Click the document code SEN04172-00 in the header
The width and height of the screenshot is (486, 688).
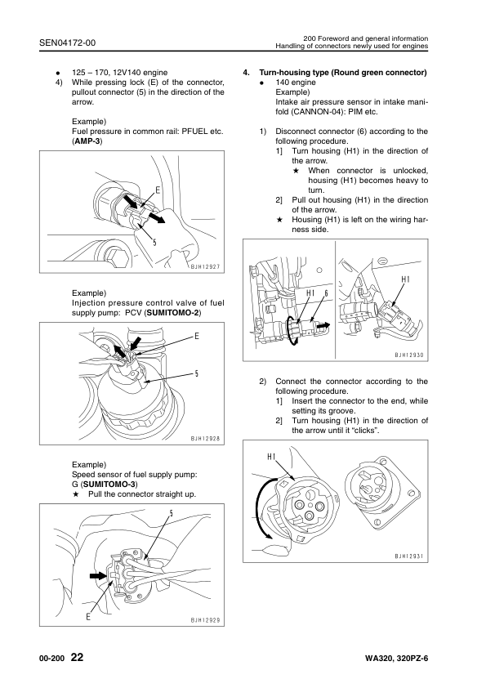[67, 42]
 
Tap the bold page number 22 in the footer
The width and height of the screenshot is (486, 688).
[77, 657]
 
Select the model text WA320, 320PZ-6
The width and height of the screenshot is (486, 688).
[396, 659]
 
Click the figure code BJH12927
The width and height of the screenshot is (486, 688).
[205, 266]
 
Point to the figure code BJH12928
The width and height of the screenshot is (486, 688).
[205, 438]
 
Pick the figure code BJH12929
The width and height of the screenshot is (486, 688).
[205, 620]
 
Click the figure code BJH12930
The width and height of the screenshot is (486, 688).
[408, 355]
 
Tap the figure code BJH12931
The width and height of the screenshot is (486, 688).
[408, 556]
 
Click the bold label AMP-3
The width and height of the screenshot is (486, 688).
[87, 141]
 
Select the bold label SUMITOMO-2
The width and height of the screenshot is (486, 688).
[173, 313]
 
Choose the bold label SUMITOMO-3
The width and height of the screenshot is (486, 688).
[109, 485]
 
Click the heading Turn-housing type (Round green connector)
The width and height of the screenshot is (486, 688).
[342, 73]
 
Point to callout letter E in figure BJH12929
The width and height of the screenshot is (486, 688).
[88, 617]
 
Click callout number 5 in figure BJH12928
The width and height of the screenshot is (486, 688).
[197, 373]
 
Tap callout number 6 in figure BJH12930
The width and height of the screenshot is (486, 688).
[327, 293]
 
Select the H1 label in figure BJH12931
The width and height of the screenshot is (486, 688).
[271, 457]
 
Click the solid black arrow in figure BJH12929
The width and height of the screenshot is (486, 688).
[98, 575]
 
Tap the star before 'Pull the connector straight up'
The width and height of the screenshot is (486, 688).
[75, 494]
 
